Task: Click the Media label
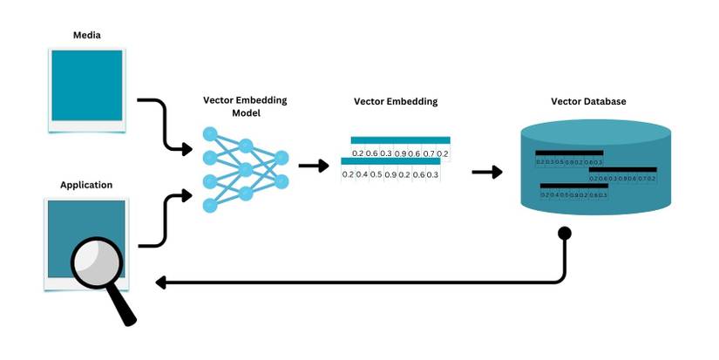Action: [86, 36]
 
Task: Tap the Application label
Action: [86, 185]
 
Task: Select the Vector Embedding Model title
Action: [245, 106]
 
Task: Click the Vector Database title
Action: [588, 102]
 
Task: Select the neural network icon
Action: [245, 169]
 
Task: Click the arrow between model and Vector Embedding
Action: [309, 165]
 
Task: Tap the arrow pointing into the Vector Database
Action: [487, 172]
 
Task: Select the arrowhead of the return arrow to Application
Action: [160, 282]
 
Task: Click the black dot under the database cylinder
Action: [564, 233]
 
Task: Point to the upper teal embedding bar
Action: [400, 139]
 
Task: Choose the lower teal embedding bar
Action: [390, 161]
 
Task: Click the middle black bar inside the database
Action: [622, 169]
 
